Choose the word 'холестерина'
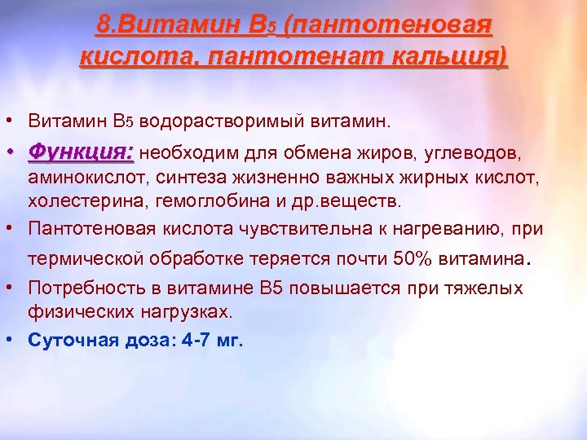pos(70,200)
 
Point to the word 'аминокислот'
pos(77,177)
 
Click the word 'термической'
pos(80,259)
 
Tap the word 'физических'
pos(71,311)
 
